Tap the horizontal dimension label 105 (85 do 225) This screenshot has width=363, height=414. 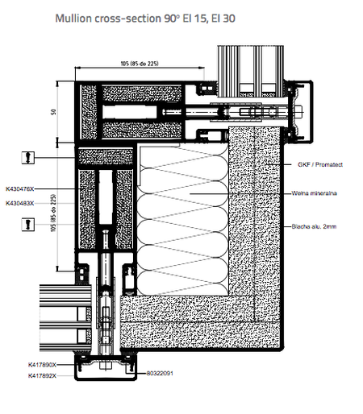click(x=140, y=64)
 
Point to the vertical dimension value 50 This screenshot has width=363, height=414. click(x=53, y=112)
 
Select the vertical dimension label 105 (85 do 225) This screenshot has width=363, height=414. click(x=53, y=213)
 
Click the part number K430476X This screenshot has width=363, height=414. click(x=20, y=189)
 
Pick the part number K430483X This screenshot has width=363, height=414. click(x=20, y=203)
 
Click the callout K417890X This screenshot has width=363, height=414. click(x=42, y=365)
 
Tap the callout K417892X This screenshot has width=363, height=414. click(x=42, y=375)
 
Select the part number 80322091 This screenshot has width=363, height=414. click(x=160, y=373)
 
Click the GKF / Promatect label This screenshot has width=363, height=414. click(x=320, y=164)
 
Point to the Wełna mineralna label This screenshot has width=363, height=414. click(x=314, y=193)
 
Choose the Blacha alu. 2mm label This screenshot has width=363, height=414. click(x=314, y=226)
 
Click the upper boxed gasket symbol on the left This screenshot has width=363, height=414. click(x=28, y=158)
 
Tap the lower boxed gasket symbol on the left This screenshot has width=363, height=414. click(x=28, y=225)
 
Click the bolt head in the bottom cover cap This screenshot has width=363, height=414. click(x=106, y=366)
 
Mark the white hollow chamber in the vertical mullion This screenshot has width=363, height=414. click(x=106, y=197)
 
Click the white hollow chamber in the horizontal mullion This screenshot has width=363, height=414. click(x=129, y=112)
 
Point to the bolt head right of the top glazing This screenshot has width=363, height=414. click(x=298, y=112)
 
